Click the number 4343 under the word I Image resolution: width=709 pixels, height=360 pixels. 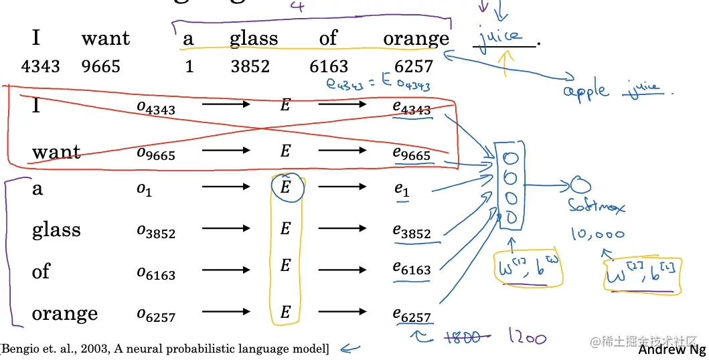pos(41,66)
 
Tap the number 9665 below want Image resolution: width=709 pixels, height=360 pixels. pos(101,66)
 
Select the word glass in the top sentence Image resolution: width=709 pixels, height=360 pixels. pos(253,39)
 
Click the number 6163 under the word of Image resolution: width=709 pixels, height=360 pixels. pos(328,66)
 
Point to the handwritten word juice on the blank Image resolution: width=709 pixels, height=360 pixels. pos(500,35)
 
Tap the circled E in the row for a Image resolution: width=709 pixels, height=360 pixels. pos(287,188)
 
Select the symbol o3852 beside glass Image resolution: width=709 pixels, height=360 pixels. pos(155,232)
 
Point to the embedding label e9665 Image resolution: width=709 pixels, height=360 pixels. pos(412,153)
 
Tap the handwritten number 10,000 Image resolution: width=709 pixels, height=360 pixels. pos(597,234)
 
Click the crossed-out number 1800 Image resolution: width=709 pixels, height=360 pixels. pos(461,337)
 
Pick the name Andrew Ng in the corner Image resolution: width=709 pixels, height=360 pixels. pos(672,350)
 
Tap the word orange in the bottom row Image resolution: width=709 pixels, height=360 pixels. pos(65,313)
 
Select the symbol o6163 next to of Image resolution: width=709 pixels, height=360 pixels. pos(155,272)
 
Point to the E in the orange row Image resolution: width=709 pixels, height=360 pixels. pos(285,312)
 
